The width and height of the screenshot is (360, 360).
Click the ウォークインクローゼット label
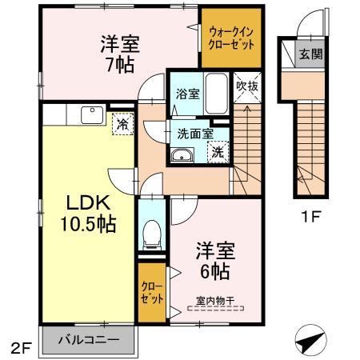click(230, 37)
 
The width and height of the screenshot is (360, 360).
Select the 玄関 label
click(310, 55)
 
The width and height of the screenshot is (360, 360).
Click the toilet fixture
click(150, 234)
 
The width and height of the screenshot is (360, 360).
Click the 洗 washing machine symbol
click(218, 151)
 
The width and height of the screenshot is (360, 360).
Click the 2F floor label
click(19, 348)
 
